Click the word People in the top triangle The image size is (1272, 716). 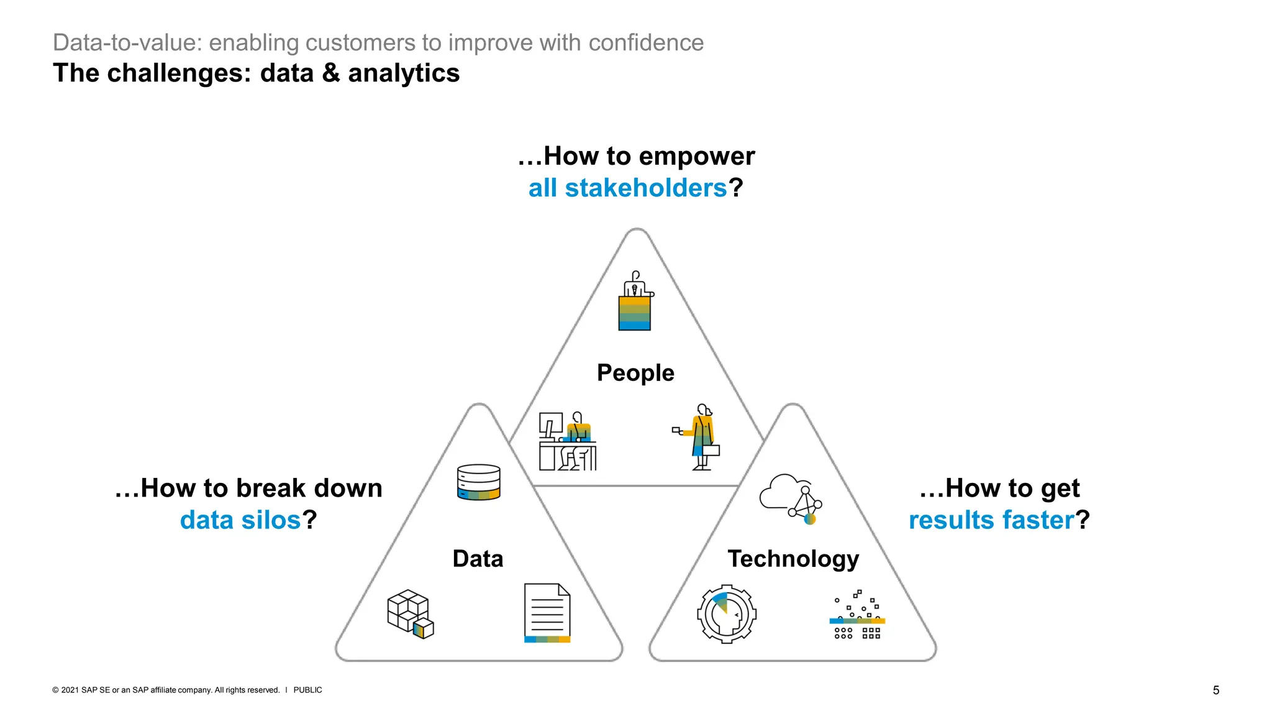pos(635,373)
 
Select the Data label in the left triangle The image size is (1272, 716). pos(478,559)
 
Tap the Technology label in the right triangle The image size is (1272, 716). pos(793,559)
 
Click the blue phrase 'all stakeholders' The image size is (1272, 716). pos(627,188)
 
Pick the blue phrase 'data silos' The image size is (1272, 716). pos(240,520)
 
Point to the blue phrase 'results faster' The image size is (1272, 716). pos(991,520)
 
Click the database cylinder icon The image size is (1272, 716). pos(479,482)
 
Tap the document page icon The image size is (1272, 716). pos(547,613)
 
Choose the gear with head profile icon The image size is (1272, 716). pos(727,613)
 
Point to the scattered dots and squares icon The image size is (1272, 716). pos(857,615)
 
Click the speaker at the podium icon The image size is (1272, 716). pos(635,301)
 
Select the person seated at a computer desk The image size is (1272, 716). pos(568,441)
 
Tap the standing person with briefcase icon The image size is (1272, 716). pos(700,437)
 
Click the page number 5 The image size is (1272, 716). pos(1216,691)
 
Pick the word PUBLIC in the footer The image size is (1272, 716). pos(307,691)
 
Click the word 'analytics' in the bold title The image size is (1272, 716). pos(404,73)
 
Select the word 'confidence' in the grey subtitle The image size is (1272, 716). pos(646,43)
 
